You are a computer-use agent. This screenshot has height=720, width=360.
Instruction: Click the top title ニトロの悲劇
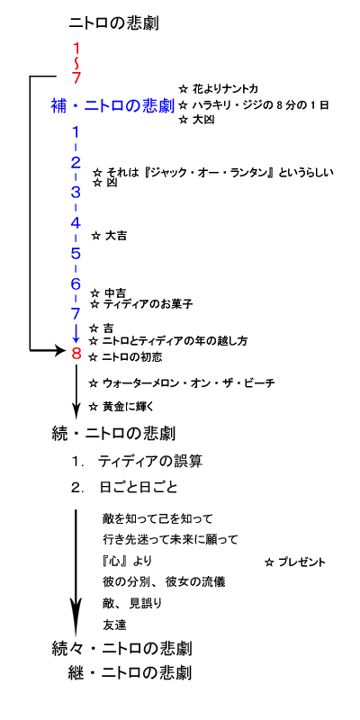pos(113,23)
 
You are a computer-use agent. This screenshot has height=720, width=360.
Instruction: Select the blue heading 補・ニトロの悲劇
pos(112,106)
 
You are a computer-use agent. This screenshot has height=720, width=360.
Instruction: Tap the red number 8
pos(76,354)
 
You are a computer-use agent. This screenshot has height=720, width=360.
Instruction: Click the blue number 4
pos(76,223)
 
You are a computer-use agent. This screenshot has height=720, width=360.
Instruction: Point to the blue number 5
pos(76,253)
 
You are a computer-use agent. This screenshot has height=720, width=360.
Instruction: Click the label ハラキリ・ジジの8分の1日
pos(261,105)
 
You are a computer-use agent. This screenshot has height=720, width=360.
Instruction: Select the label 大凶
pos(204,121)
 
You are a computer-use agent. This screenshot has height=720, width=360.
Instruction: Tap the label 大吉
pos(116,236)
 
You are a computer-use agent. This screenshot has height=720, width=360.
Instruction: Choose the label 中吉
pos(115,293)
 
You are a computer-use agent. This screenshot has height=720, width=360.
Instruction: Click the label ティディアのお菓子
pos(148,304)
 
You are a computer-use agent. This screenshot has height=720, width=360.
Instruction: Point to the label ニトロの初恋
pos(131,356)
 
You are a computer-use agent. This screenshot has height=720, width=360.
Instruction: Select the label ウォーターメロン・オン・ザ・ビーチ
pos(188,382)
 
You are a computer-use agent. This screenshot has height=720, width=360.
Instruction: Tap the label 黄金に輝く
pos(124,407)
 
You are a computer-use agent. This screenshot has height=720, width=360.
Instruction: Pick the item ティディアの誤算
pos(149,462)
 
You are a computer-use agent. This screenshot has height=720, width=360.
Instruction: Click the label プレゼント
pos(301,562)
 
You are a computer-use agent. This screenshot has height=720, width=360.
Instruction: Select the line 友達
pos(114,625)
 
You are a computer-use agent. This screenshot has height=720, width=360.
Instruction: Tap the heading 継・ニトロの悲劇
pos(128,673)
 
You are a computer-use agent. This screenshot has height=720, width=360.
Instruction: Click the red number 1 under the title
pos(76,49)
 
